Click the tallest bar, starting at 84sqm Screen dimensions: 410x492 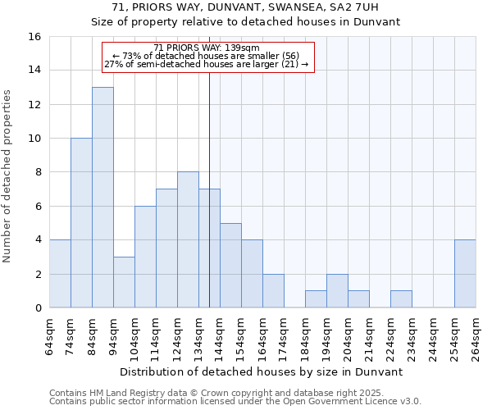click(x=102, y=197)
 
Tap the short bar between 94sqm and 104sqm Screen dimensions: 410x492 click(x=124, y=282)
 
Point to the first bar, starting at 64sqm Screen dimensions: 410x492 click(x=60, y=274)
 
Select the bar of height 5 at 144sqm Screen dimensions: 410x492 click(x=230, y=265)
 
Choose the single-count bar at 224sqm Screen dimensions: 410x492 click(x=401, y=299)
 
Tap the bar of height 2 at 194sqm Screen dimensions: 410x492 click(x=337, y=291)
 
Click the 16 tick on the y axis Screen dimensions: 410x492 click(x=34, y=37)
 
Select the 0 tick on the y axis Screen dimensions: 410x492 click(x=38, y=308)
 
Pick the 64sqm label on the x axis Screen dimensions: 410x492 click(x=49, y=337)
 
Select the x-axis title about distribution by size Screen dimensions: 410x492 click(x=262, y=371)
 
